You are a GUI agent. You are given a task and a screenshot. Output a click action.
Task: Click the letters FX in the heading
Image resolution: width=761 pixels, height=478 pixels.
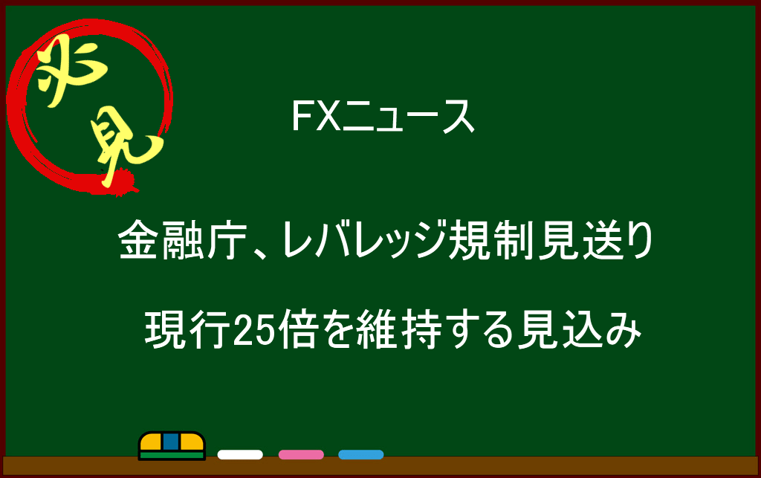click(x=315, y=116)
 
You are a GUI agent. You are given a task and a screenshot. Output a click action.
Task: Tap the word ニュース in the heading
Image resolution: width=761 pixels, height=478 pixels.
click(x=408, y=117)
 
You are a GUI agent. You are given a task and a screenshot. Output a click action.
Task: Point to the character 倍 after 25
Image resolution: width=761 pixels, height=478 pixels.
click(x=297, y=329)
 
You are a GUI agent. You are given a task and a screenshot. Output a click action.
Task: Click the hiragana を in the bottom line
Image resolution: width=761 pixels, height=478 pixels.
click(x=337, y=330)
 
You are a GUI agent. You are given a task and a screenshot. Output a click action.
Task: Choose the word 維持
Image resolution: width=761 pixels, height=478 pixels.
click(x=399, y=329)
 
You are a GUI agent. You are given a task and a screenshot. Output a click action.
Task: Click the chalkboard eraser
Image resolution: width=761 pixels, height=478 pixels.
click(x=172, y=445)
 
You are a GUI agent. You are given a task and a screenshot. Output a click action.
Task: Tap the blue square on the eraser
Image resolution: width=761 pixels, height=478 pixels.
click(x=171, y=442)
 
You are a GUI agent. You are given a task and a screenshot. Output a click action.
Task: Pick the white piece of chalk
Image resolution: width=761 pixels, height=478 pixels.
click(x=240, y=455)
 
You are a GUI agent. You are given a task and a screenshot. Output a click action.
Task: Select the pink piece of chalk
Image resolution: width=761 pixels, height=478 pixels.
click(x=301, y=455)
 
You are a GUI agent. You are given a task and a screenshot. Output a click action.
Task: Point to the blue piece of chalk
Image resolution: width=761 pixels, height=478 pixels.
click(x=361, y=455)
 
